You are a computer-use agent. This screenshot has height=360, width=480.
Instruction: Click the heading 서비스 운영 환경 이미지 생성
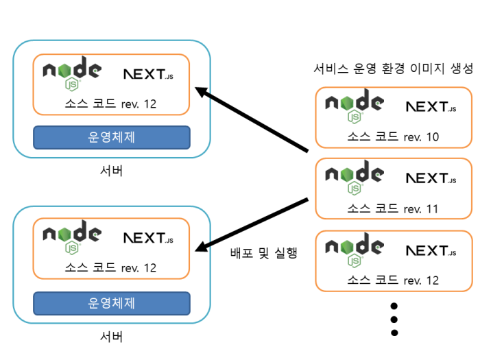pyautogui.click(x=393, y=69)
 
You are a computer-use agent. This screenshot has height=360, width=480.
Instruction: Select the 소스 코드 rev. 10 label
pyautogui.click(x=393, y=137)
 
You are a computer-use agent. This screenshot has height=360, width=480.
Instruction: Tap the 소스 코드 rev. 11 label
pyautogui.click(x=393, y=208)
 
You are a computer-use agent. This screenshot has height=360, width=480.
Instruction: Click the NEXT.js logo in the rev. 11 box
pyautogui.click(x=431, y=178)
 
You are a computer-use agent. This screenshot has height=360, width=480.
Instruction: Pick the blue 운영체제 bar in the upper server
pyautogui.click(x=112, y=137)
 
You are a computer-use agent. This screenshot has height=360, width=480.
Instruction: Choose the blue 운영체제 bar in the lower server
pyautogui.click(x=112, y=302)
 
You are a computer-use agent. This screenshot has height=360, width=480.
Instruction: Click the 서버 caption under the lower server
pyautogui.click(x=111, y=337)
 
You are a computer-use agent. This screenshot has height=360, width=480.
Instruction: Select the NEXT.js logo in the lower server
pyautogui.click(x=148, y=239)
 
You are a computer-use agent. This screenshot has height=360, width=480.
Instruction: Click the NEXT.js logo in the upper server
pyautogui.click(x=148, y=73)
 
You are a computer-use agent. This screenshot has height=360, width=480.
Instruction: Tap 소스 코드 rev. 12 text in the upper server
pyautogui.click(x=111, y=104)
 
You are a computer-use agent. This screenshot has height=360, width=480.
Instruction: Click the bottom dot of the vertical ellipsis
pyautogui.click(x=394, y=333)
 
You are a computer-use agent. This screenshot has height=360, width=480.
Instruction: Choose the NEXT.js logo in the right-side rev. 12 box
pyautogui.click(x=431, y=250)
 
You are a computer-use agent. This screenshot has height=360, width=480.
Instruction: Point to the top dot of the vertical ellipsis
pyautogui.click(x=394, y=305)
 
